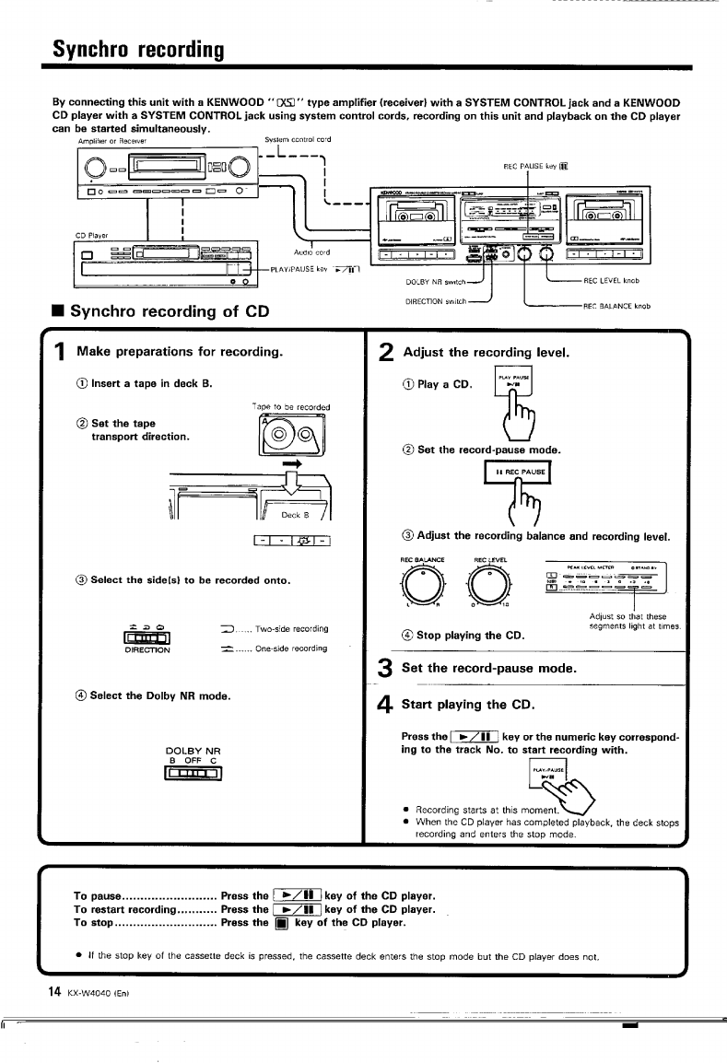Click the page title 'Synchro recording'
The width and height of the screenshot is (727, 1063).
(x=137, y=46)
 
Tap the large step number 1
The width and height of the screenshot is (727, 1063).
(x=58, y=351)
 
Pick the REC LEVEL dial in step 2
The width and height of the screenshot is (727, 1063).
(x=489, y=582)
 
